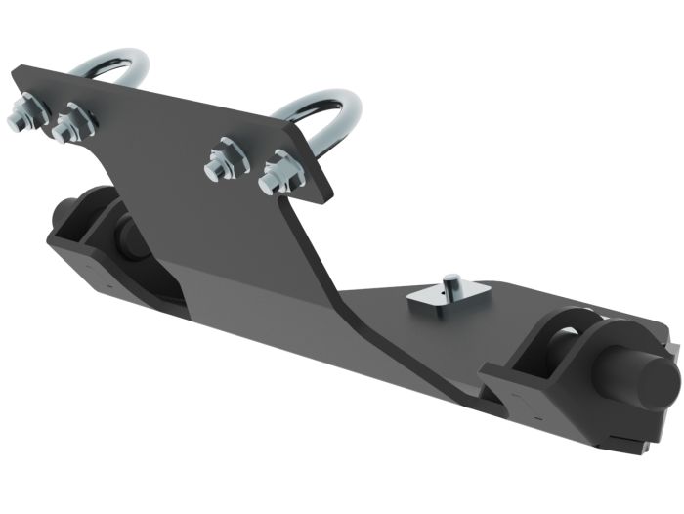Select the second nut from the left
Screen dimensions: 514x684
point(70,124)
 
